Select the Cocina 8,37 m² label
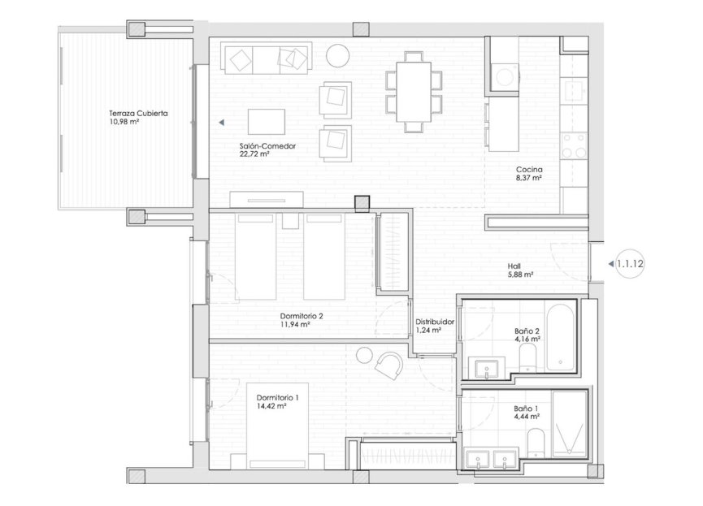[x=528, y=174]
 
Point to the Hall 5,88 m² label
[x=519, y=270]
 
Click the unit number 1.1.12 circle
[x=631, y=263]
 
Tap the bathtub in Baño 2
[x=561, y=335]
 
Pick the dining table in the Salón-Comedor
[x=414, y=90]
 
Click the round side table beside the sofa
[x=337, y=56]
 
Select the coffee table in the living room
[x=266, y=122]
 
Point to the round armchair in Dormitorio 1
[x=388, y=363]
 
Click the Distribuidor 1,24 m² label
[x=434, y=326]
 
